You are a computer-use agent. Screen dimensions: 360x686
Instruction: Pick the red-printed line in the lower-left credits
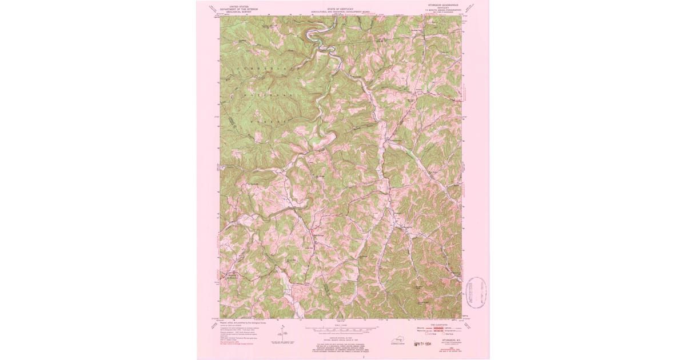[240, 343]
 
